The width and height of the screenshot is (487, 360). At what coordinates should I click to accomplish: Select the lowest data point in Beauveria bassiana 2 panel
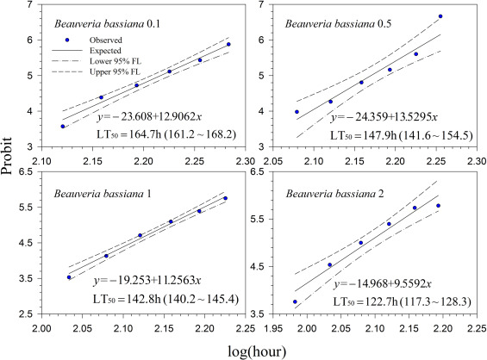pos(295,302)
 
